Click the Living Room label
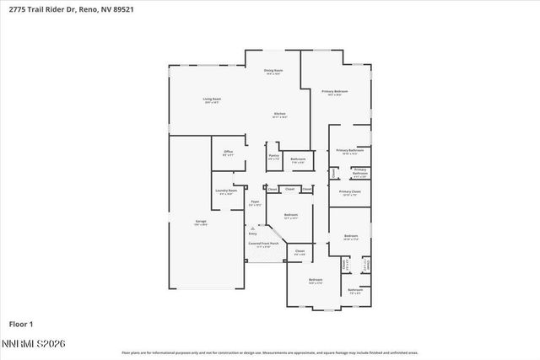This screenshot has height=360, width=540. (212, 100)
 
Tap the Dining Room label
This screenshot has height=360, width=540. (273, 73)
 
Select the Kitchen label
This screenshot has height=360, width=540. (279, 115)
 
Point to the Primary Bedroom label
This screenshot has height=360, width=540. (334, 92)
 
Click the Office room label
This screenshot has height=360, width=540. (228, 153)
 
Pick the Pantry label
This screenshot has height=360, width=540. (273, 156)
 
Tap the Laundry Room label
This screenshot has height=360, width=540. (226, 192)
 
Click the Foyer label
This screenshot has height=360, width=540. (255, 202)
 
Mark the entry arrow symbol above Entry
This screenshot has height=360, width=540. (251, 228)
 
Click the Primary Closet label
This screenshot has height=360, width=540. (349, 193)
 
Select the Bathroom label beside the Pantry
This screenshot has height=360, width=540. (298, 159)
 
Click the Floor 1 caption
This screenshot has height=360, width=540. (22, 324)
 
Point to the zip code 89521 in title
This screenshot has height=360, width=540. (121, 8)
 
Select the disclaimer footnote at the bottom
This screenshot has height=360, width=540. (270, 353)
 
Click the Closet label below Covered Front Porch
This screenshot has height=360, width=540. (300, 252)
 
